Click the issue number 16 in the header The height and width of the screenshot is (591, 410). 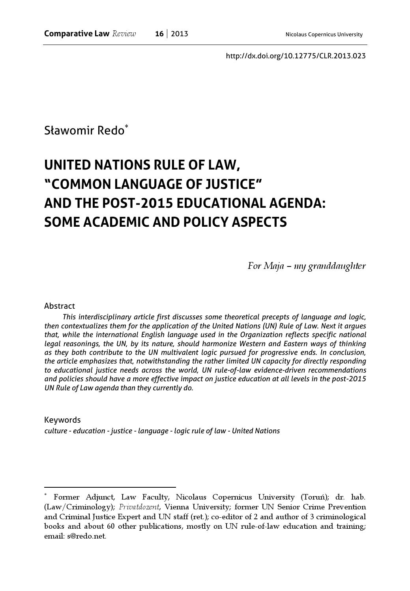(x=159, y=34)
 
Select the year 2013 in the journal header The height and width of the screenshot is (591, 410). (x=180, y=34)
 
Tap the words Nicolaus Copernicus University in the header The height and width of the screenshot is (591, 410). (x=324, y=35)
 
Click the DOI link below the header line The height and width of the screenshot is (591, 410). (x=296, y=56)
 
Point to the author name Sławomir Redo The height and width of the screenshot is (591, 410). (x=84, y=131)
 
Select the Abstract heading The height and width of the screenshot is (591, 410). (x=59, y=306)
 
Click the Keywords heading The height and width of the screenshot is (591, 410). (x=62, y=420)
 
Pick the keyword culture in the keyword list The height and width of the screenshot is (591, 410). (x=56, y=431)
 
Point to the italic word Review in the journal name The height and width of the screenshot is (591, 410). (x=124, y=34)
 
